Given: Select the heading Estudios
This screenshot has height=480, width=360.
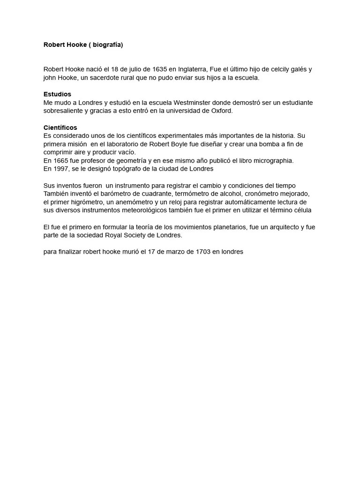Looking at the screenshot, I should (57, 94).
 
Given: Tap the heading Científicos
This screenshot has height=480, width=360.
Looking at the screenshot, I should (60, 127).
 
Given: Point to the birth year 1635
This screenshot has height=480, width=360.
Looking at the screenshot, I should (158, 69).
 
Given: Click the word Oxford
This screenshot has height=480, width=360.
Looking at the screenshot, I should (221, 111).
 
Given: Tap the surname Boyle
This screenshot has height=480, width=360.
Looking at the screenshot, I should (177, 144).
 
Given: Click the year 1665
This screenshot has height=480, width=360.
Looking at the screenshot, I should (61, 161).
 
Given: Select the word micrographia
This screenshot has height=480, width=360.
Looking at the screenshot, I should (273, 161).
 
